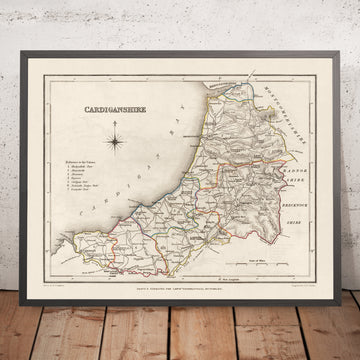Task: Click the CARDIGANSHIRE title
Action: [x=113, y=99]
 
